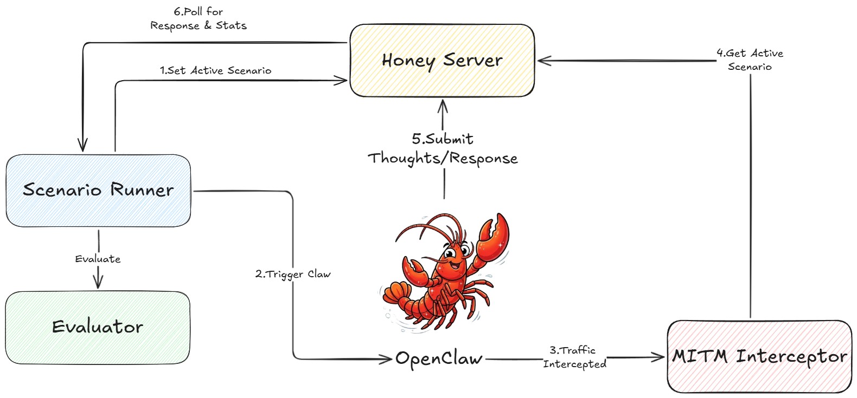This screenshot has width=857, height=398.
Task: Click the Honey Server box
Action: pos(442,61)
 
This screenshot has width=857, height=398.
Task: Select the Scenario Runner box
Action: pos(98,190)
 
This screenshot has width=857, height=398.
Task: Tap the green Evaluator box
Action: pos(98,327)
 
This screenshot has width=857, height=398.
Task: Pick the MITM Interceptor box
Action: pos(759,356)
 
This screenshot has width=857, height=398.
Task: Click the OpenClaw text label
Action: pos(439,358)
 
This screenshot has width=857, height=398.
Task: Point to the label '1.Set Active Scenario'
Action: pos(215,70)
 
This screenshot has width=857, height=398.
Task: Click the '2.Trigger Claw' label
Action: pos(293,274)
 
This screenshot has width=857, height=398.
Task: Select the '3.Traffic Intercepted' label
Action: pos(574,357)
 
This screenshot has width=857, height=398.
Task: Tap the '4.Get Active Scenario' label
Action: pos(750,60)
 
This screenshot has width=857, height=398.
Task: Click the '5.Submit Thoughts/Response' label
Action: pos(443,148)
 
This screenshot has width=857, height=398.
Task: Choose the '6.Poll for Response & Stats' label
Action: pos(199,18)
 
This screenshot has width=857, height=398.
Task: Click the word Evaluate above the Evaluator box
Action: pos(98,259)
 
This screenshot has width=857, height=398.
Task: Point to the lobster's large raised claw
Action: pos(494,233)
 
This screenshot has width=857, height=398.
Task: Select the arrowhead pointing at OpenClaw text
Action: pos(387,358)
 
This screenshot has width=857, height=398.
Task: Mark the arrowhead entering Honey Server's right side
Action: pos(542,61)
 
